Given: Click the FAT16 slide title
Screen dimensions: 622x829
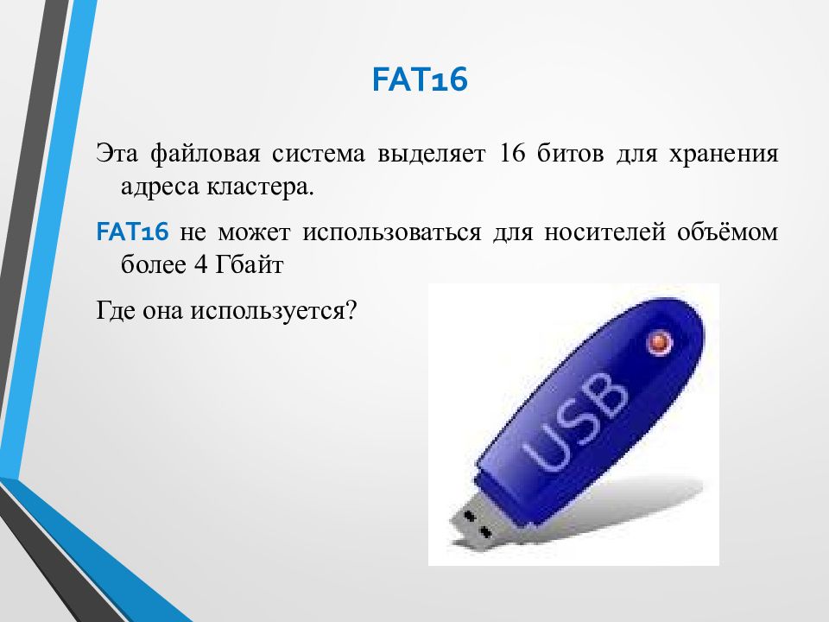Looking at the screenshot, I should click(x=420, y=80).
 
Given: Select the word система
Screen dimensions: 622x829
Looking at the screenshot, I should click(x=316, y=155).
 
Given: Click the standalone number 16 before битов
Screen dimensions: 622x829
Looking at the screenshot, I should click(x=507, y=155).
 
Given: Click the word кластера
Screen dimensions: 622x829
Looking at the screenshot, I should click(x=261, y=187).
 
